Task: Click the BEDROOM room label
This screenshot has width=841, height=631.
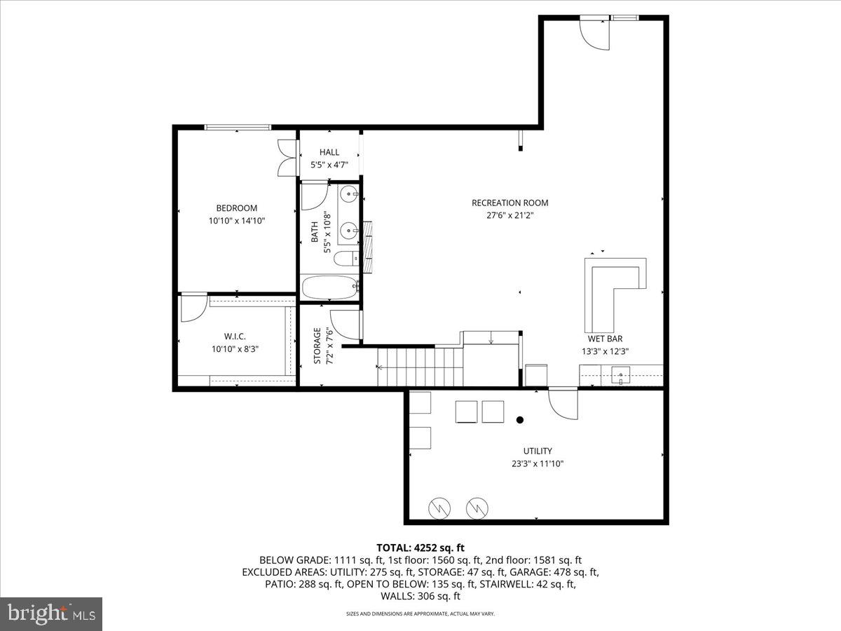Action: pos(236,208)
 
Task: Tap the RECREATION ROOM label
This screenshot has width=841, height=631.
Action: pos(510,203)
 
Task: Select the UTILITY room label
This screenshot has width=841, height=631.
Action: pos(538,451)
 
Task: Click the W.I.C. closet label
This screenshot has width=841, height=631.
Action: pos(235,336)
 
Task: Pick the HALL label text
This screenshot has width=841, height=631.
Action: pos(329,152)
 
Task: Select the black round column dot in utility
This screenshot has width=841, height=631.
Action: pos(520,420)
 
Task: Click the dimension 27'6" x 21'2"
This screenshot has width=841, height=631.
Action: pos(510,216)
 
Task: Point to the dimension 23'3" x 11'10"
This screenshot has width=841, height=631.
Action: pos(538,463)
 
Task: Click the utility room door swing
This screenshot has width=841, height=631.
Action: pos(562,405)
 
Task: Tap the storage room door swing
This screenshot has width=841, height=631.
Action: pos(344,324)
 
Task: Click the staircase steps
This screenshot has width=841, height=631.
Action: pos(420,367)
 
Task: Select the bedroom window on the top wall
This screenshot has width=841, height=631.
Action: pos(238,127)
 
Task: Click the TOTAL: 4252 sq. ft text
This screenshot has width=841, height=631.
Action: pos(420,548)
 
